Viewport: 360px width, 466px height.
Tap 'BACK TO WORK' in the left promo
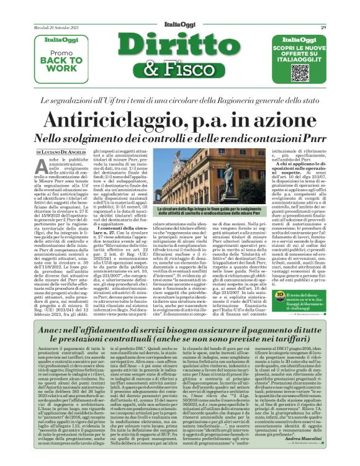[57, 64]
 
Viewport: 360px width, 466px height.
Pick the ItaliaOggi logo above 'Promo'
[57, 42]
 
